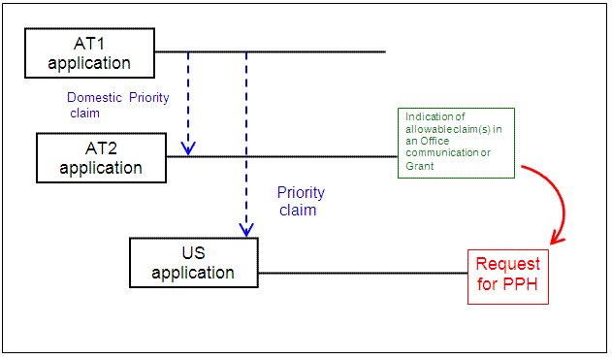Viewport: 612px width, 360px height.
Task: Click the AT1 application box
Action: click(89, 53)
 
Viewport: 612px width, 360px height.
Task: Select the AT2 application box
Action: click(101, 157)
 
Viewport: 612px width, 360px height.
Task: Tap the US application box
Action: click(193, 262)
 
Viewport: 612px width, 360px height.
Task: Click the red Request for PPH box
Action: click(507, 277)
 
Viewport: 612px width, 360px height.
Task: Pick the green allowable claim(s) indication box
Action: click(456, 143)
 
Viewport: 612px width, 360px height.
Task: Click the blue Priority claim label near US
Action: click(301, 201)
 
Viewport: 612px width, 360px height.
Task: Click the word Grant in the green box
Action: click(421, 166)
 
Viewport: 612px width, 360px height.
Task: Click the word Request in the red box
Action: click(507, 265)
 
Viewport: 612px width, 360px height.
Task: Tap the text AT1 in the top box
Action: click(89, 44)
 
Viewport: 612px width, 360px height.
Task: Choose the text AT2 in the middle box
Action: click(101, 147)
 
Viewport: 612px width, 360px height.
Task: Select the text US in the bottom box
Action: click(193, 252)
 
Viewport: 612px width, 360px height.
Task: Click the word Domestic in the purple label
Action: click(95, 97)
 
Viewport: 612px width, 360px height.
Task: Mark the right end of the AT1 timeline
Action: click(385, 50)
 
